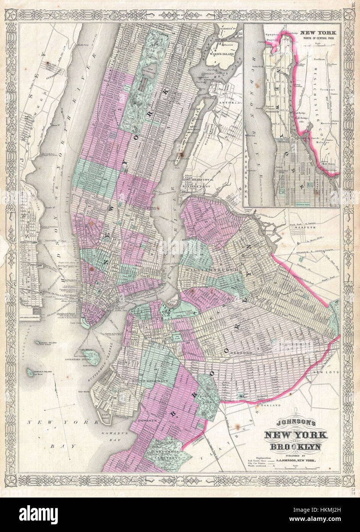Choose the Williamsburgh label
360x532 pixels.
pyautogui.click(x=212, y=270)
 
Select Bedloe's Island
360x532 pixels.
pyautogui.click(x=30, y=371)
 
